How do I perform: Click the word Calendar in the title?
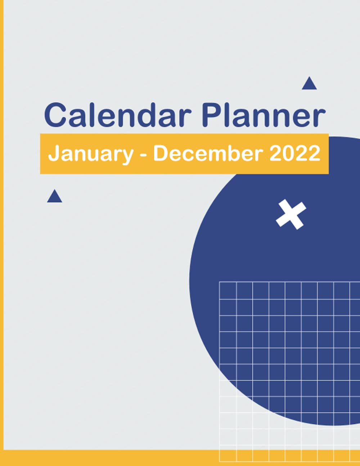[x=117, y=115]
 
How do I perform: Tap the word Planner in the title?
[x=263, y=115]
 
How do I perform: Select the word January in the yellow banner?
[x=90, y=154]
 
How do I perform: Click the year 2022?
[x=295, y=153]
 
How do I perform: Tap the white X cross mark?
[x=291, y=214]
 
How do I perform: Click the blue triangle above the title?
[x=309, y=84]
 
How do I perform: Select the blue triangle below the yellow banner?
[x=54, y=197]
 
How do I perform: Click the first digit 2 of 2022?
[x=276, y=153]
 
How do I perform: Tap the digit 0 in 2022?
[x=289, y=153]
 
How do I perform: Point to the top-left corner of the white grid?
[x=220, y=282]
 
